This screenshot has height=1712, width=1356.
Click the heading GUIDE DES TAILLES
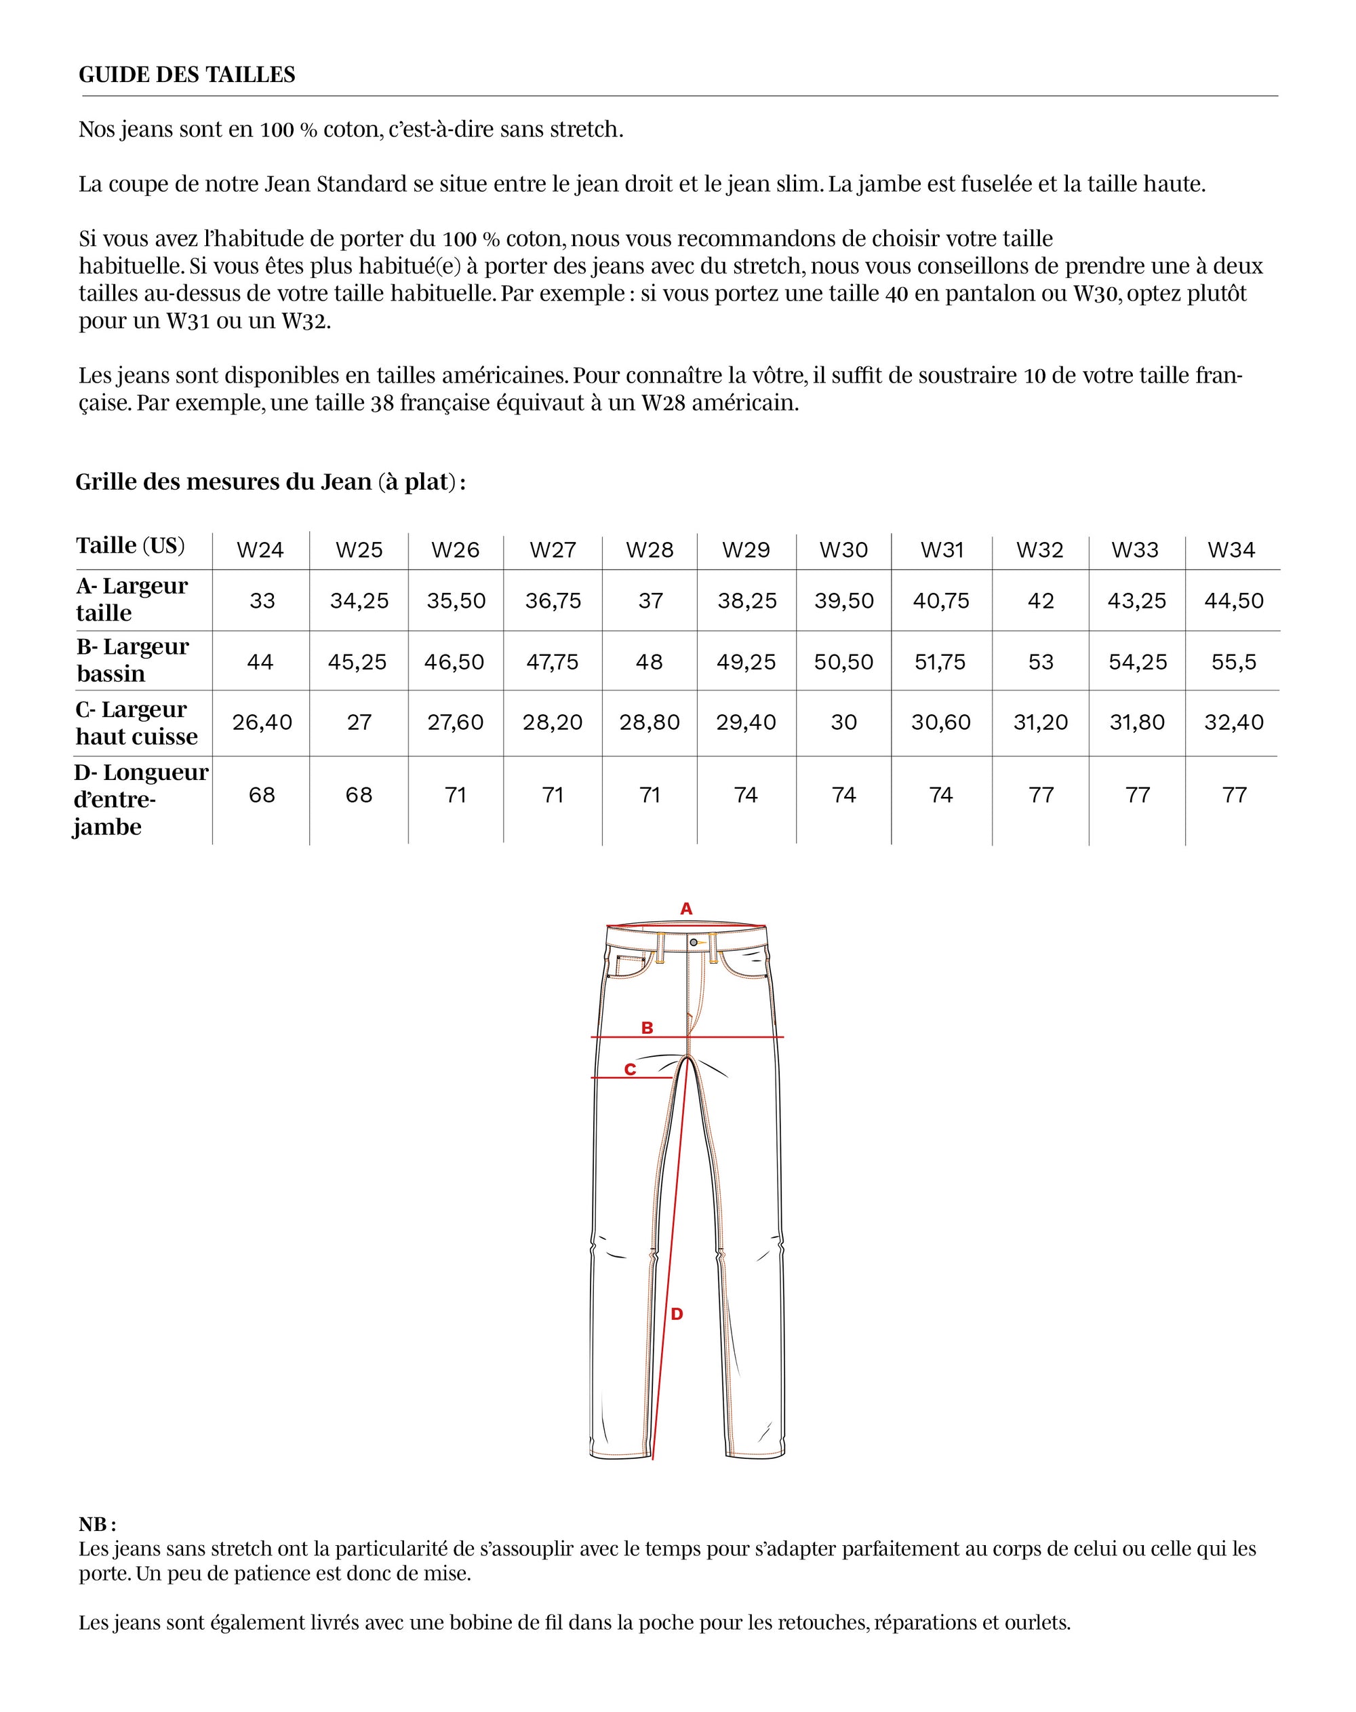[186, 75]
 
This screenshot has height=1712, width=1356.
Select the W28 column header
[650, 549]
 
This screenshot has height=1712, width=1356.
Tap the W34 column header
[1231, 549]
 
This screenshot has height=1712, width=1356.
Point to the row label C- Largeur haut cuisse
[136, 722]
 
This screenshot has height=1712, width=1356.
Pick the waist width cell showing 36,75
[553, 601]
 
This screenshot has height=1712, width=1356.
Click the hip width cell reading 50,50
[843, 662]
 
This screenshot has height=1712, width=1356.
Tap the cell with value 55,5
[1234, 662]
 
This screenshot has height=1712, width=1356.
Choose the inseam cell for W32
[1041, 795]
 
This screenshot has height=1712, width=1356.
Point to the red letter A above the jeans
[687, 909]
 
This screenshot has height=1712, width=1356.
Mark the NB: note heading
[97, 1525]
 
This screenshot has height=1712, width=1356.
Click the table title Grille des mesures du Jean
[270, 482]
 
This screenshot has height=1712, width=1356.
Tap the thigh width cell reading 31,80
[1137, 722]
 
